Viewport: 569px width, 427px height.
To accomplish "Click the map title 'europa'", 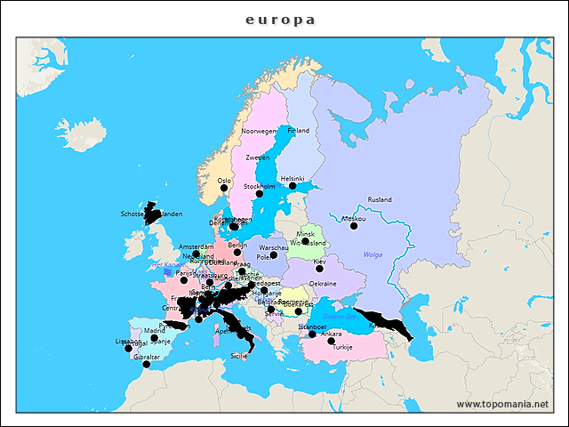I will click(x=281, y=20).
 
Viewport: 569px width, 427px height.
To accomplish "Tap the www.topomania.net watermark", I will click(x=502, y=404).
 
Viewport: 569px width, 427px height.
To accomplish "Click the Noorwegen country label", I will click(x=260, y=131).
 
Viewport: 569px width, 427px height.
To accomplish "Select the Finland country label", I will click(x=298, y=131).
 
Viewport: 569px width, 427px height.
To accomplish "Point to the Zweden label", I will click(x=257, y=157).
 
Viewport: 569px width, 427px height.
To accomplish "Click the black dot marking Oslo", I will click(x=224, y=189).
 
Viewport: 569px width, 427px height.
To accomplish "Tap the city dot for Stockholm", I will click(x=260, y=194).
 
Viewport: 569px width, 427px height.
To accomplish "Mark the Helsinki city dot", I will click(x=293, y=186).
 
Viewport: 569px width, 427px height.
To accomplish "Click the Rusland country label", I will click(x=379, y=199).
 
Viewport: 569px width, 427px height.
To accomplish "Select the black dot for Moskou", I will click(x=354, y=226).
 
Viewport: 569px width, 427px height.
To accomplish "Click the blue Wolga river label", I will click(x=372, y=254).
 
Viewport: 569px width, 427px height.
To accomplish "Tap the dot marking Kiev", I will click(x=319, y=268).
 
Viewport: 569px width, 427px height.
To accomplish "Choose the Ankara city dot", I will click(x=331, y=341).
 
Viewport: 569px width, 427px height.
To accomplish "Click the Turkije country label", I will click(x=342, y=348).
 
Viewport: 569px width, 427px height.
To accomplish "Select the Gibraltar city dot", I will click(x=147, y=364).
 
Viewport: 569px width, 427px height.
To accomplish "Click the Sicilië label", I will click(x=239, y=356).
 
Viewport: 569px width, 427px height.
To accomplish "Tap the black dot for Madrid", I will click(x=155, y=338).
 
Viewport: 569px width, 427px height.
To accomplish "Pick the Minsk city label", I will click(x=305, y=233).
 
